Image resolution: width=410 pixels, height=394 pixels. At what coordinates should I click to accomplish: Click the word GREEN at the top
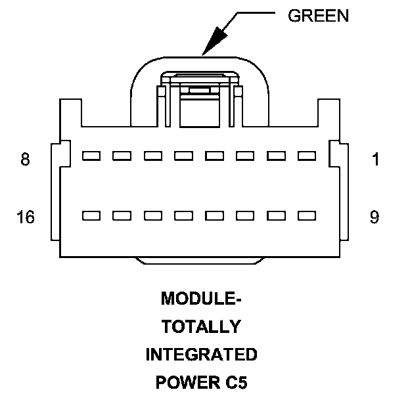pos(318,16)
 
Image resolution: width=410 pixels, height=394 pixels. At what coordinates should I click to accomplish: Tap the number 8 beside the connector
pos(25,160)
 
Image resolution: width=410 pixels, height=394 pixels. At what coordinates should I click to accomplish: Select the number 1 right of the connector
pos(375,160)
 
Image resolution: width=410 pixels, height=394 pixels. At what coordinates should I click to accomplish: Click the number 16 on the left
pos(26,217)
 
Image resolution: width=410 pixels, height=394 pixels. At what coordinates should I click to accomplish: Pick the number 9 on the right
pos(374,217)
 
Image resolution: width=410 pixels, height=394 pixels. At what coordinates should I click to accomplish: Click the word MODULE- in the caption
pos(201,299)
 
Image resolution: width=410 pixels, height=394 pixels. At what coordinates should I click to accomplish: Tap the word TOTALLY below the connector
pos(201,326)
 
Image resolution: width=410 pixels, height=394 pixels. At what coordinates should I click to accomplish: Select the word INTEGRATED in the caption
pos(201,355)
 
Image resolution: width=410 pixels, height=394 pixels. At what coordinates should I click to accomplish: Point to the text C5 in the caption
pos(234,382)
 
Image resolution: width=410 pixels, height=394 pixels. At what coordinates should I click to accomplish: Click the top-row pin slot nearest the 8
pos(91,156)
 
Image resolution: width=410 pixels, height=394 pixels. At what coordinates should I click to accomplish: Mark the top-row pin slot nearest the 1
pos(307,156)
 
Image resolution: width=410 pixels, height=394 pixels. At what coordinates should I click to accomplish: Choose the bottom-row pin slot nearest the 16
pos(91,215)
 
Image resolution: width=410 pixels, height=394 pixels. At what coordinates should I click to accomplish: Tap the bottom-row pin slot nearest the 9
pos(307,215)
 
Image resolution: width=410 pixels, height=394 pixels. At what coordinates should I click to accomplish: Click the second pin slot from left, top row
pos(122,156)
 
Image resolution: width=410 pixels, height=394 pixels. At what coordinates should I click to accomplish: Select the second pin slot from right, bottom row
pos(276,215)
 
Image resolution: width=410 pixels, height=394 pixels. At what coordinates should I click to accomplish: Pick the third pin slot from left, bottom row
pos(152,215)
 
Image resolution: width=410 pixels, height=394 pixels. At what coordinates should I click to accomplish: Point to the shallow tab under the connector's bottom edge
pos(201,261)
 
